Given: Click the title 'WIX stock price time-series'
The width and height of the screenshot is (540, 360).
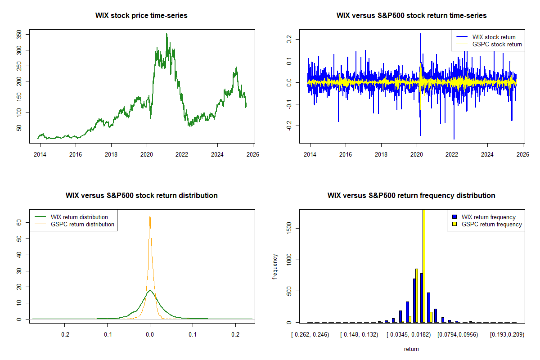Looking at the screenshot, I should coord(141,15).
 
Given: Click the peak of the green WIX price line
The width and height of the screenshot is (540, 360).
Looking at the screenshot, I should coord(166,34).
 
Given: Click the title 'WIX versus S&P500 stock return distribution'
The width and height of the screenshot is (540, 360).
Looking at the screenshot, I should coord(141,195).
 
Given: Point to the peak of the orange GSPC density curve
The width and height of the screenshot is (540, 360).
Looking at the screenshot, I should coord(150,216).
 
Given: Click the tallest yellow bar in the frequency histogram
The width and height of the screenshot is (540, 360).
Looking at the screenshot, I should coord(424,265).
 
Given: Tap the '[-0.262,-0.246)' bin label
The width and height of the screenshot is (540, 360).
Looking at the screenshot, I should coord(310,335).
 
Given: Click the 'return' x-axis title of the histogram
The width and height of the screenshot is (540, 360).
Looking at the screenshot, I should coord(411,349).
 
